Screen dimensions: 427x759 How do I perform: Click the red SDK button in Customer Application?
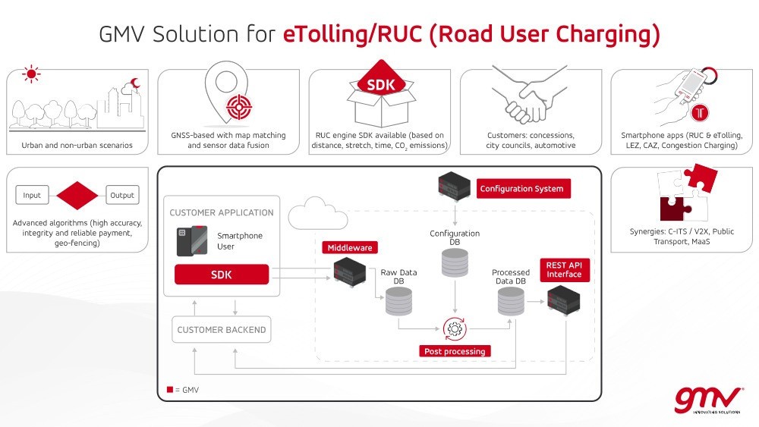pyautogui.click(x=222, y=274)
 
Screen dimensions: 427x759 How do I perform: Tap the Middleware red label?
pyautogui.click(x=350, y=247)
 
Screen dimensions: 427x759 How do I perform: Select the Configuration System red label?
pyautogui.click(x=521, y=188)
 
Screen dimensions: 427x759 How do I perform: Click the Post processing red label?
pyautogui.click(x=454, y=351)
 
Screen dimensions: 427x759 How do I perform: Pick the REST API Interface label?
pyautogui.click(x=564, y=269)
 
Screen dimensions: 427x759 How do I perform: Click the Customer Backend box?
pyautogui.click(x=221, y=330)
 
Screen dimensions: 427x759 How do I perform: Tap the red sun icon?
pyautogui.click(x=31, y=74)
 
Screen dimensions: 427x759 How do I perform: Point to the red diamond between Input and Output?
pyautogui.click(x=77, y=195)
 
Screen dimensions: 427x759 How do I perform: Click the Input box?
pyautogui.click(x=32, y=195)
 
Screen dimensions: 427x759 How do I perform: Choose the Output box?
pyautogui.click(x=121, y=195)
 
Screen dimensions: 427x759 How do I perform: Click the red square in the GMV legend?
pyautogui.click(x=170, y=389)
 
